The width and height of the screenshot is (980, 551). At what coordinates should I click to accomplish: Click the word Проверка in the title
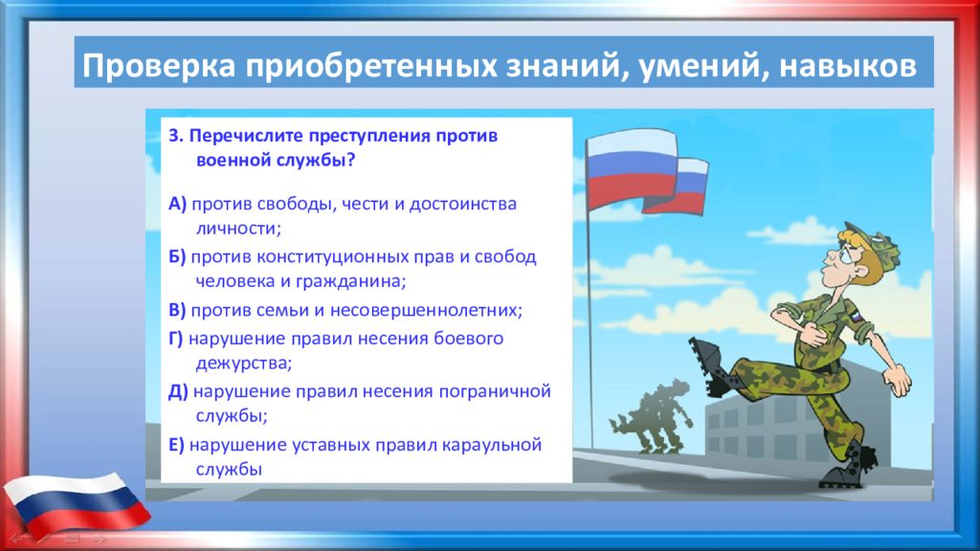click(x=159, y=66)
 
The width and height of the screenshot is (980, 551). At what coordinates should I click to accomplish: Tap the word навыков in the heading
click(x=848, y=66)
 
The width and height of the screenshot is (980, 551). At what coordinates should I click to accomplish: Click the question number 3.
click(x=176, y=136)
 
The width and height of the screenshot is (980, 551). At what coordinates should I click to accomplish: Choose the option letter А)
click(x=177, y=204)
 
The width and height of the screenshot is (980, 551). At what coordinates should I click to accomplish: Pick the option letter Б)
click(x=177, y=256)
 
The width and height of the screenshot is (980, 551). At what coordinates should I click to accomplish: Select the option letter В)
click(x=177, y=310)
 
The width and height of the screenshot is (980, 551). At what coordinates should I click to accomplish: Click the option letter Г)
click(x=176, y=338)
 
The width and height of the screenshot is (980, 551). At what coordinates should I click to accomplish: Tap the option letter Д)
click(x=178, y=391)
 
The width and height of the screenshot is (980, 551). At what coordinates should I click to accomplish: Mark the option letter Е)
click(x=176, y=445)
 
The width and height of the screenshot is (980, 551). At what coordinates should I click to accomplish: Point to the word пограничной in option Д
click(x=495, y=391)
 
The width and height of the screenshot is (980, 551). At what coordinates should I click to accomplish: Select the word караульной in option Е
click(x=491, y=446)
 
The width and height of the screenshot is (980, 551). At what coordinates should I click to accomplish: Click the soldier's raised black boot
click(x=711, y=366)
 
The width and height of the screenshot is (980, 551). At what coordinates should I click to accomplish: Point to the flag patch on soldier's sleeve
click(x=855, y=316)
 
